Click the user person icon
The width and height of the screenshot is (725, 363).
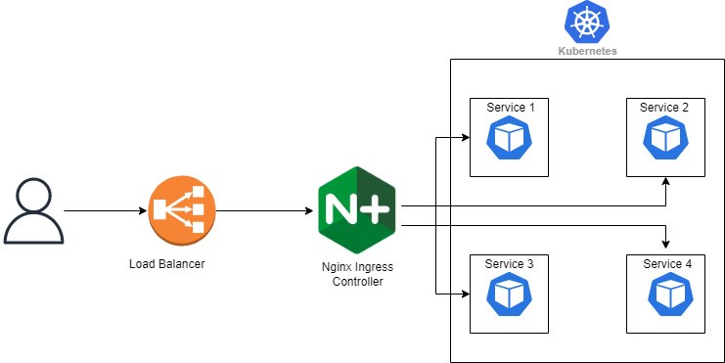pyautogui.click(x=34, y=210)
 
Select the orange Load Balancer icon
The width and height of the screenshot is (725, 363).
pyautogui.click(x=178, y=210)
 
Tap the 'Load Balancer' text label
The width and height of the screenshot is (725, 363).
pyautogui.click(x=166, y=263)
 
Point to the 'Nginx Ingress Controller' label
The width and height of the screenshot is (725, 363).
pyautogui.click(x=356, y=274)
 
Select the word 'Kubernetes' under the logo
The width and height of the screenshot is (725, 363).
pyautogui.click(x=587, y=50)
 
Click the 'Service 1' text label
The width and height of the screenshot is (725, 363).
pyautogui.click(x=510, y=107)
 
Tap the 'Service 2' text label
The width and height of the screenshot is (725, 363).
pyautogui.click(x=664, y=107)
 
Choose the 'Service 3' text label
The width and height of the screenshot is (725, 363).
pyautogui.click(x=510, y=264)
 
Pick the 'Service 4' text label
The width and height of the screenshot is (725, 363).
pyautogui.click(x=666, y=264)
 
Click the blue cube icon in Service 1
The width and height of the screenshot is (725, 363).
pyautogui.click(x=509, y=139)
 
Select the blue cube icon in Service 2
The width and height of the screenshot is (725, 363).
pyautogui.click(x=665, y=139)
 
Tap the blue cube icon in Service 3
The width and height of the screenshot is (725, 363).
pyautogui.click(x=509, y=295)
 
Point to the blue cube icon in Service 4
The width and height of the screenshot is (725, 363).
pyautogui.click(x=665, y=295)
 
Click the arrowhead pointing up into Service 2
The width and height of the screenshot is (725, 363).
pyautogui.click(x=666, y=182)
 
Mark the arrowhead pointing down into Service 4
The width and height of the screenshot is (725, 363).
pyautogui.click(x=666, y=245)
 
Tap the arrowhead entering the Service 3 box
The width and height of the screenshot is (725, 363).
pyautogui.click(x=464, y=293)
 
